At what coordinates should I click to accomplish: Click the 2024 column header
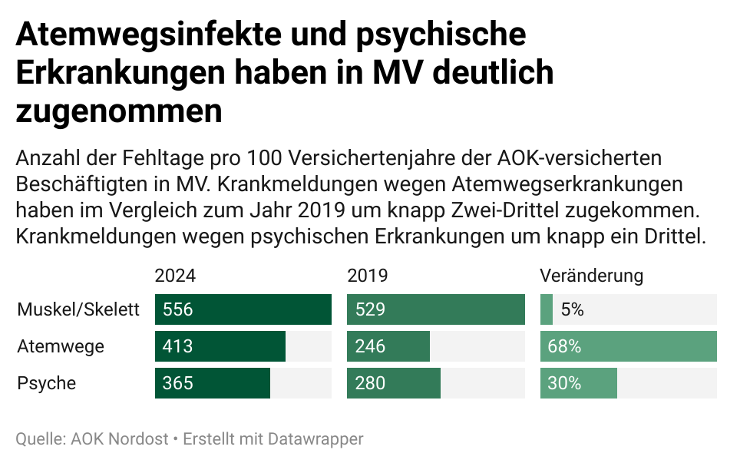coord(175,276)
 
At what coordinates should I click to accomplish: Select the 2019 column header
coord(368,276)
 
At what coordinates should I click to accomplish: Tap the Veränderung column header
coord(591,276)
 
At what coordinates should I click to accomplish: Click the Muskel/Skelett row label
coord(78,309)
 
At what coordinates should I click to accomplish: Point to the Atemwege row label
coord(61,346)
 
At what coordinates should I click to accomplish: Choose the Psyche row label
coord(47,383)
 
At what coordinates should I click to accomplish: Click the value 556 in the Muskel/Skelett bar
coord(177,309)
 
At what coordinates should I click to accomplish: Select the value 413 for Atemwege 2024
coord(177,346)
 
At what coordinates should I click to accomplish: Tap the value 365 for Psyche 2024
coord(177,383)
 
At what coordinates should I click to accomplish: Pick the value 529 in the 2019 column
coord(370,309)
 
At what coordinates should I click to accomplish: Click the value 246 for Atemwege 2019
coord(370,346)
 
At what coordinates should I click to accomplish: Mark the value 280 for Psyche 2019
coord(370,383)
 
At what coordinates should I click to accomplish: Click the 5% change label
coord(572,309)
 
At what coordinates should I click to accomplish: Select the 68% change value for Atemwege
coord(564,346)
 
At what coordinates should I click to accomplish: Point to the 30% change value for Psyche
coord(564,383)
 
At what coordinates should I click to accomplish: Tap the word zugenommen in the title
coord(119,111)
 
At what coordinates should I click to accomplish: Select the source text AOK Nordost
coord(120,439)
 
